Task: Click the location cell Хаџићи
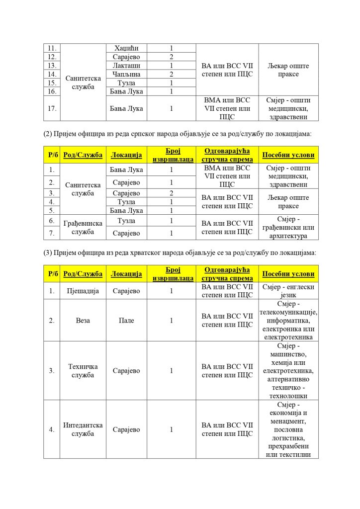point(127,48)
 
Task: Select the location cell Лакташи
point(127,66)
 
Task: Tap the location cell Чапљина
point(127,74)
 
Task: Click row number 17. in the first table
point(52,108)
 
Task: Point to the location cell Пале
point(127,321)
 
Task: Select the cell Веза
point(83,321)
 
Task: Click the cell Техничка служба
point(83,370)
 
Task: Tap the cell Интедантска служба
point(83,429)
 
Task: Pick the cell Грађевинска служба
point(83,227)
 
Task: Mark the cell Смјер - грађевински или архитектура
point(288,227)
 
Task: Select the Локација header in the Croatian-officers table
point(127,274)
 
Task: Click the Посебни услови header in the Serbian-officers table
point(288,155)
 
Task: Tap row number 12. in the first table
point(52,57)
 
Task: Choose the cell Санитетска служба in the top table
point(83,83)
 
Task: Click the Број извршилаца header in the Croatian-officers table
point(172,274)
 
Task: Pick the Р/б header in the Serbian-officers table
point(52,155)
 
